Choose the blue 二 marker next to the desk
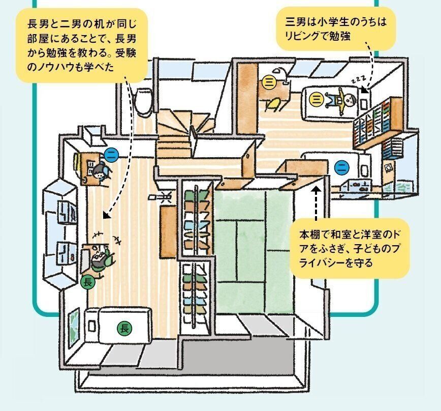click(111, 153)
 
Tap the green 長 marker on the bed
click(123, 328)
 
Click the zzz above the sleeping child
click(358, 81)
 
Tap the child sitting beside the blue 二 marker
click(99, 170)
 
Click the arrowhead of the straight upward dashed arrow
click(316, 189)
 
